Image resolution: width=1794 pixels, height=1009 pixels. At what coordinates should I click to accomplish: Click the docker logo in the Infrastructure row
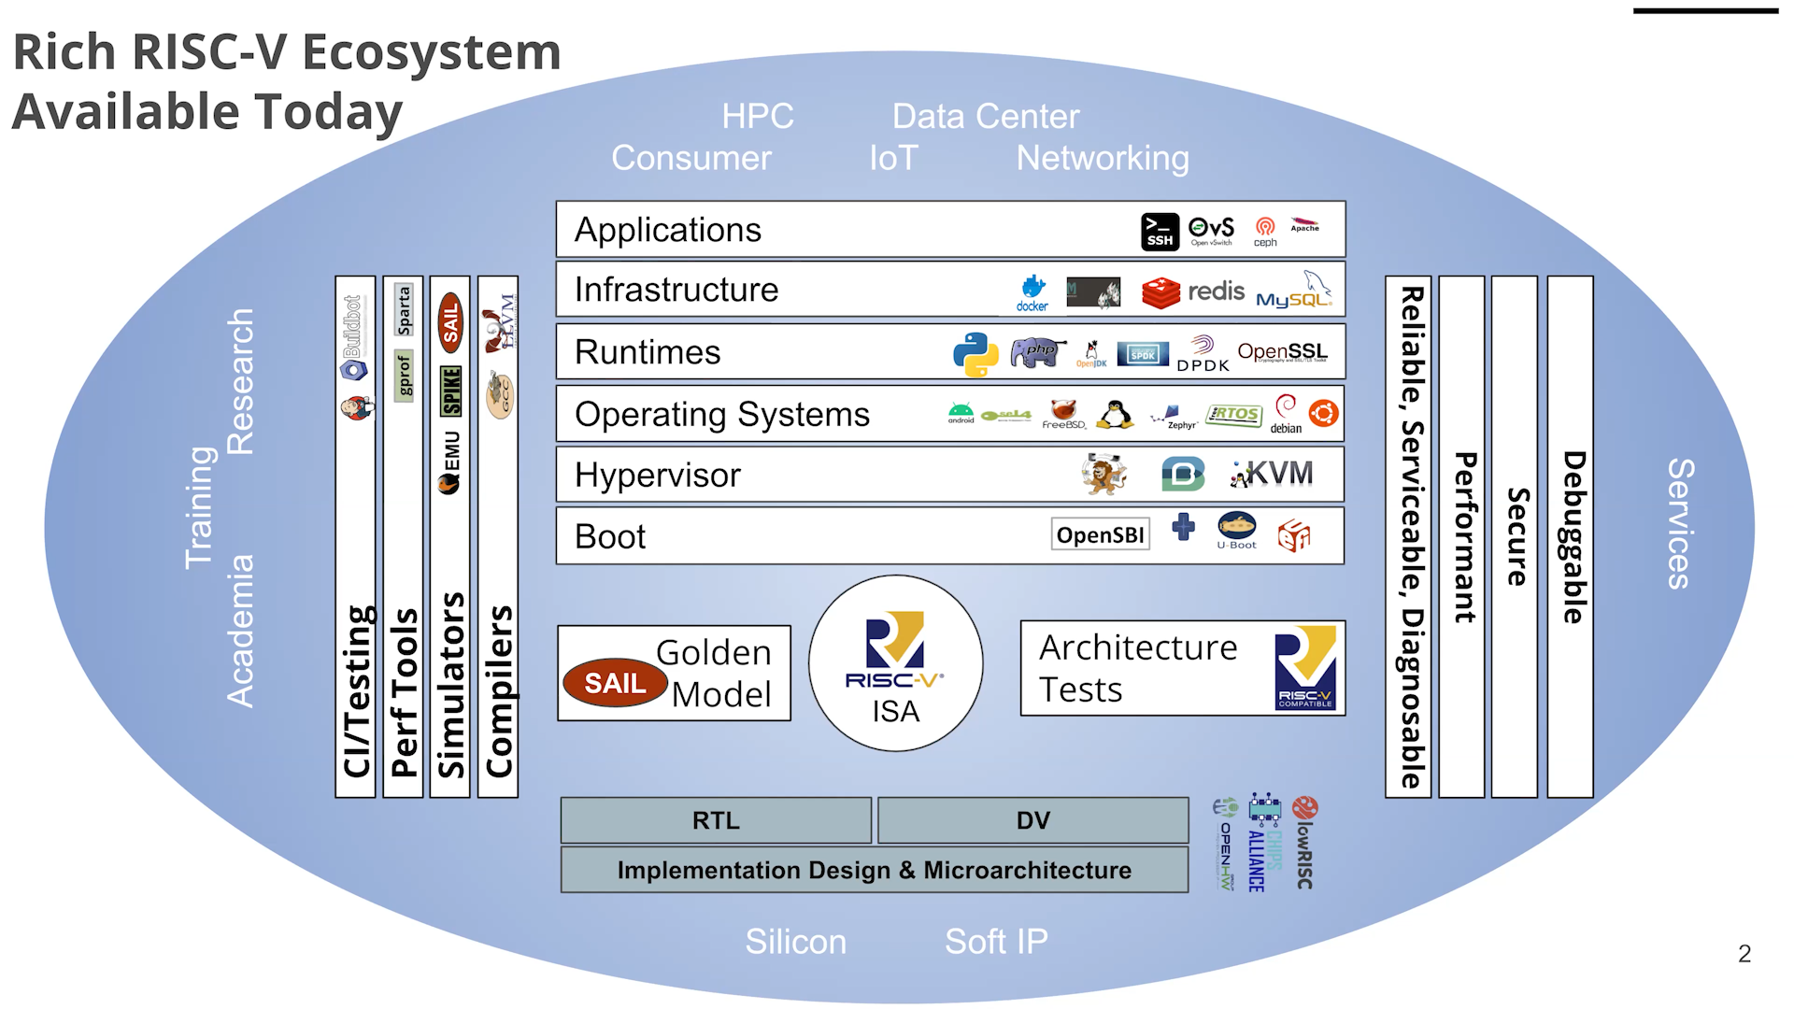(x=1032, y=291)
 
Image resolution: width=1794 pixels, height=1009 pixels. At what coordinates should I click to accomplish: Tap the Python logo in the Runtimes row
(x=975, y=354)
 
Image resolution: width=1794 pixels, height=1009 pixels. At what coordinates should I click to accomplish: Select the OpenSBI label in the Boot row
(x=1100, y=535)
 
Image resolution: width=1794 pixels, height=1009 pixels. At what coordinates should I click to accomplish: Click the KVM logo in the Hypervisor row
(x=1273, y=475)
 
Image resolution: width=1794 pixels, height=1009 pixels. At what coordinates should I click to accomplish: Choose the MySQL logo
(x=1295, y=291)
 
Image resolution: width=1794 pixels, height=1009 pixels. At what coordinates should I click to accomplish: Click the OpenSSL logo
(x=1282, y=352)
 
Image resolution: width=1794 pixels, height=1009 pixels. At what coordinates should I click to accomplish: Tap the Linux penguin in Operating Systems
(x=1115, y=414)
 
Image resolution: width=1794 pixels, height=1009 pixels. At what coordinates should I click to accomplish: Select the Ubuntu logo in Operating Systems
(x=1323, y=413)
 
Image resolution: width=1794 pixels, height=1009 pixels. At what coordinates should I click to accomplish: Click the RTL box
(x=716, y=820)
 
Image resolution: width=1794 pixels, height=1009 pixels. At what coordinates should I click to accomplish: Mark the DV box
(x=1032, y=820)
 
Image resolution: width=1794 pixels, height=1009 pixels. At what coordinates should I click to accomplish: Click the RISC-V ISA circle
(x=895, y=663)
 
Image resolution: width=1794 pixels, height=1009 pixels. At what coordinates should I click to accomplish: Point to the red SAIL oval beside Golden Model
(x=615, y=683)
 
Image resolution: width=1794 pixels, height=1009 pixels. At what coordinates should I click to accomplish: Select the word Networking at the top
(x=1103, y=158)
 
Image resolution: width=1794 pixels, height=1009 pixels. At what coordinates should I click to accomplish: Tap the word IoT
(x=893, y=158)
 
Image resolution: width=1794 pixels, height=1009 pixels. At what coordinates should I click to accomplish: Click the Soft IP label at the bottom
(x=996, y=942)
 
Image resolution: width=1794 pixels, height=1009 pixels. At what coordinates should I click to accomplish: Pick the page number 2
(x=1744, y=954)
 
